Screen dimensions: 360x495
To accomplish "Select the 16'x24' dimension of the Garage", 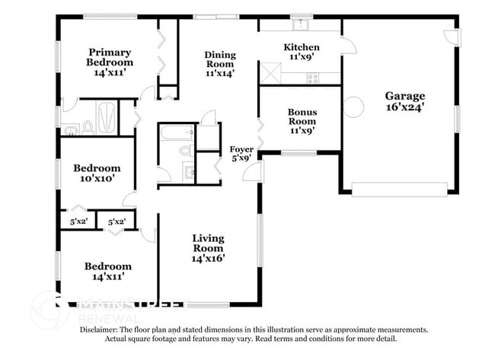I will tap(404, 108).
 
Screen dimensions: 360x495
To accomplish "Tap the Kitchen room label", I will tap(302, 47).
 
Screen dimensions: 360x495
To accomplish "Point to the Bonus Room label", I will tap(302, 116).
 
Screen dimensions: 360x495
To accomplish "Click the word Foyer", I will tap(242, 148).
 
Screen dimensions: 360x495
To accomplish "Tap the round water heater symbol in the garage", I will tap(353, 107).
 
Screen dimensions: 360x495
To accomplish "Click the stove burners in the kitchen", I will tap(312, 77).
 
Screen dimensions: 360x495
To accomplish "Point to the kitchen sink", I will tap(302, 24).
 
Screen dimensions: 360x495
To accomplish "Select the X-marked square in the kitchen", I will tap(270, 74).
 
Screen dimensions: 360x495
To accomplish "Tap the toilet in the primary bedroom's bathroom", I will tap(88, 126).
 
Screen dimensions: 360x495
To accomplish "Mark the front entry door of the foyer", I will tap(252, 173).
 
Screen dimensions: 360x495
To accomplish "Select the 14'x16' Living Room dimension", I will tap(208, 259).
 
